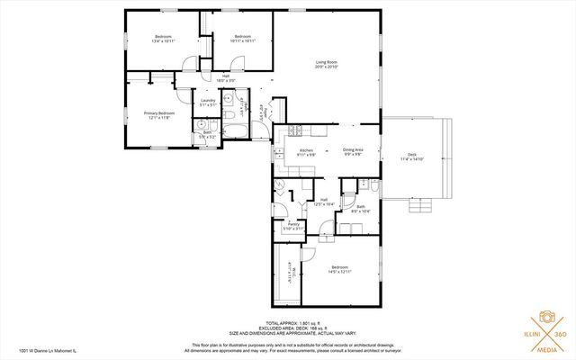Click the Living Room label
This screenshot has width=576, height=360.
click(x=327, y=62)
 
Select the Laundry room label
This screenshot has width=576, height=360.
click(x=208, y=101)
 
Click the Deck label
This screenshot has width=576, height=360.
click(x=412, y=155)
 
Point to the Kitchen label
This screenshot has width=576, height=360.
click(x=305, y=150)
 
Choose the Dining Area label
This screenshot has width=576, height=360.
click(x=352, y=150)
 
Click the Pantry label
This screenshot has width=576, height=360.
click(x=293, y=226)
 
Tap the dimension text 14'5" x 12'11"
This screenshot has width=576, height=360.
click(x=339, y=272)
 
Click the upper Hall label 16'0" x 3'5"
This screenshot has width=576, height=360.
click(x=227, y=78)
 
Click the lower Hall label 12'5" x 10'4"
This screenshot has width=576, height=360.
click(x=323, y=202)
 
